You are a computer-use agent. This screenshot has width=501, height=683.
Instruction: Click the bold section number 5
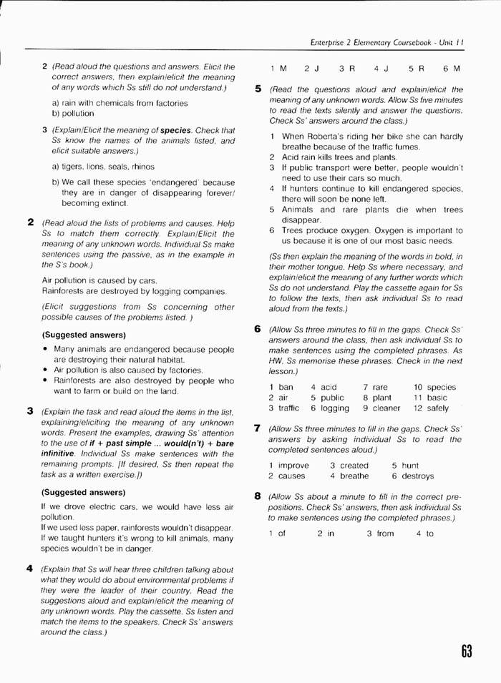point(258,89)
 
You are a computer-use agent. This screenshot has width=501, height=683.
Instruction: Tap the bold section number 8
point(258,496)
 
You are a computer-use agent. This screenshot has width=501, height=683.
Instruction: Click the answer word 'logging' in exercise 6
point(335,408)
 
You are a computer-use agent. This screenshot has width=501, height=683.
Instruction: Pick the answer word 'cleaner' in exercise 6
point(386,408)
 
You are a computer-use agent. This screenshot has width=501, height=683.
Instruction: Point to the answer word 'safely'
point(437,408)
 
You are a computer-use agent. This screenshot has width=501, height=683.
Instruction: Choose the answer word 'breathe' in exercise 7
point(354,476)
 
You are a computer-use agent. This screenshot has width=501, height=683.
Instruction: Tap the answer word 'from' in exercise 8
point(385,534)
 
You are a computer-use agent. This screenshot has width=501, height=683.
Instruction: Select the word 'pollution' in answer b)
point(77,113)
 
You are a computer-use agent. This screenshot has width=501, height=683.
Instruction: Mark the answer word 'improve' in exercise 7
point(293,465)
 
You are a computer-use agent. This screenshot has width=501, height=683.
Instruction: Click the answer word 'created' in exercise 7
point(354,465)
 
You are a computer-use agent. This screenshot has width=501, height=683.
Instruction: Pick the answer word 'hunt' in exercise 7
point(410,465)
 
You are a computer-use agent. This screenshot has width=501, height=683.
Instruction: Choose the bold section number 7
point(258,428)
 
